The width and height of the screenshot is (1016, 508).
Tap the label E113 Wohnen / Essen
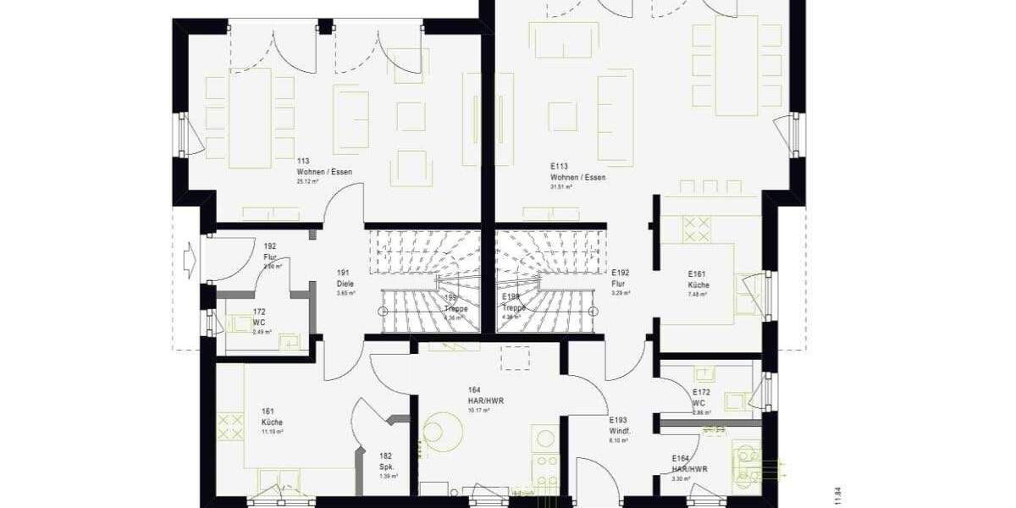click(577, 173)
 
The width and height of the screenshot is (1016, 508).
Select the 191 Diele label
click(345, 278)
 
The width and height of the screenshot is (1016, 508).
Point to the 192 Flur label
click(270, 251)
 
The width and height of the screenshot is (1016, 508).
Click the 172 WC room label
click(259, 318)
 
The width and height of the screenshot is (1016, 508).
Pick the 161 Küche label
click(272, 417)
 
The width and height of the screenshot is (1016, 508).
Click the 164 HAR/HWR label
click(485, 395)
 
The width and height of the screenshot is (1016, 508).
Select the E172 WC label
click(701, 398)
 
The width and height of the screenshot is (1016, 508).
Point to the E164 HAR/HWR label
click(689, 463)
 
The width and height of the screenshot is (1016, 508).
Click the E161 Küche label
click(698, 280)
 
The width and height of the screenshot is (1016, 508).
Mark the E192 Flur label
click(621, 279)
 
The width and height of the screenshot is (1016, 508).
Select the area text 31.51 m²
click(561, 187)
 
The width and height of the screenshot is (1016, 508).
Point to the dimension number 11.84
click(837, 496)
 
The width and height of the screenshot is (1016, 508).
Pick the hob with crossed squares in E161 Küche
click(697, 229)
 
